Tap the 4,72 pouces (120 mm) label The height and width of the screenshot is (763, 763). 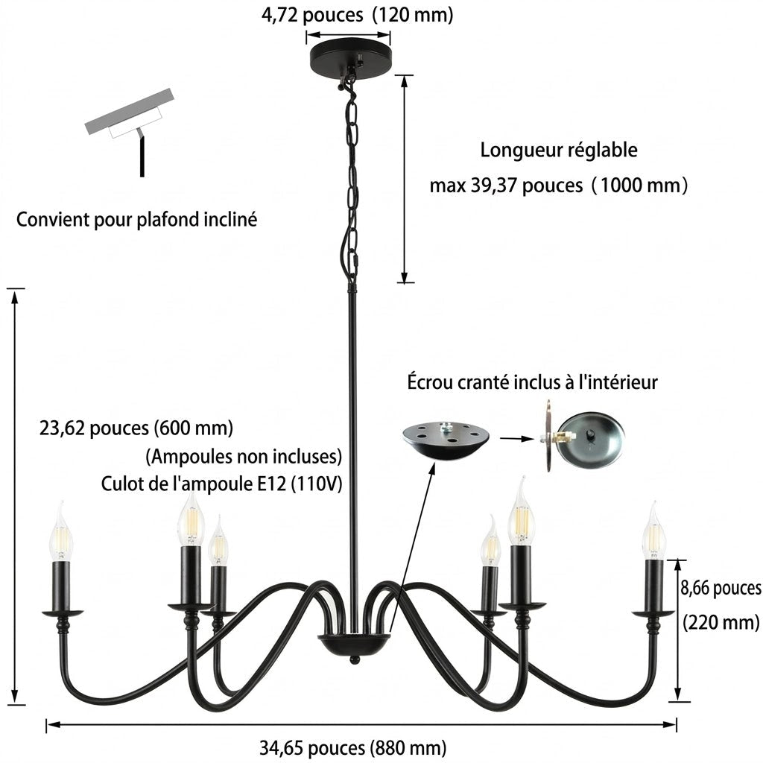(357, 15)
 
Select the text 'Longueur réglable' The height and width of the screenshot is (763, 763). (559, 150)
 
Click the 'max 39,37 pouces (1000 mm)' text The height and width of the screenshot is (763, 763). (559, 186)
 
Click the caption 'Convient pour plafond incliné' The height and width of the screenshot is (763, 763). (137, 220)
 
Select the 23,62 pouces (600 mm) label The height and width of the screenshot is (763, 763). (136, 428)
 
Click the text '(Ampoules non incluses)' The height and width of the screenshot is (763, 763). (244, 457)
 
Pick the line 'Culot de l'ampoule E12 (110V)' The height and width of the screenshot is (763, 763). (221, 484)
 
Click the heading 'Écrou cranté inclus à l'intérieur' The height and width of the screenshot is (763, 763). (532, 382)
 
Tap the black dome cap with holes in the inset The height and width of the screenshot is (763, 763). (447, 441)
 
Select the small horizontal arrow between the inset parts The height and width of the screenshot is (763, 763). (518, 438)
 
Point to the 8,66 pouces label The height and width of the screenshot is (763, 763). (721, 588)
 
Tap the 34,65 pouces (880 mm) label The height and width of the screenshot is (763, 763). (352, 747)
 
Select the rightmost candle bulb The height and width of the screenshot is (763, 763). (653, 531)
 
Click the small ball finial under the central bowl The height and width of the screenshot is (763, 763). (355, 659)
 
